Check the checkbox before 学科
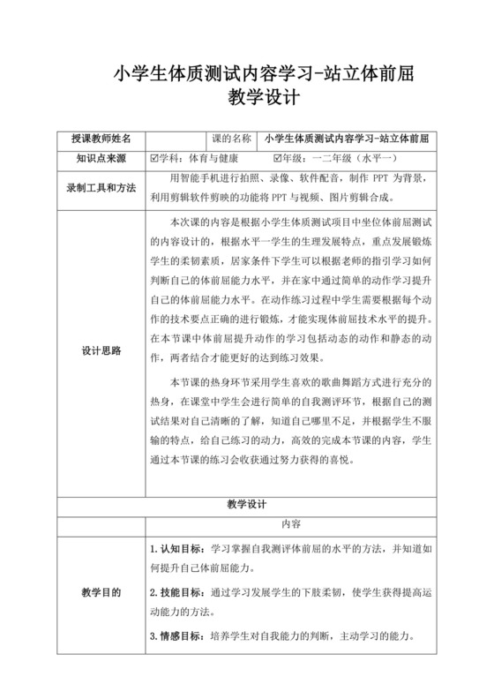[155, 159]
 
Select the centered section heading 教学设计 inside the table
[246, 505]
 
